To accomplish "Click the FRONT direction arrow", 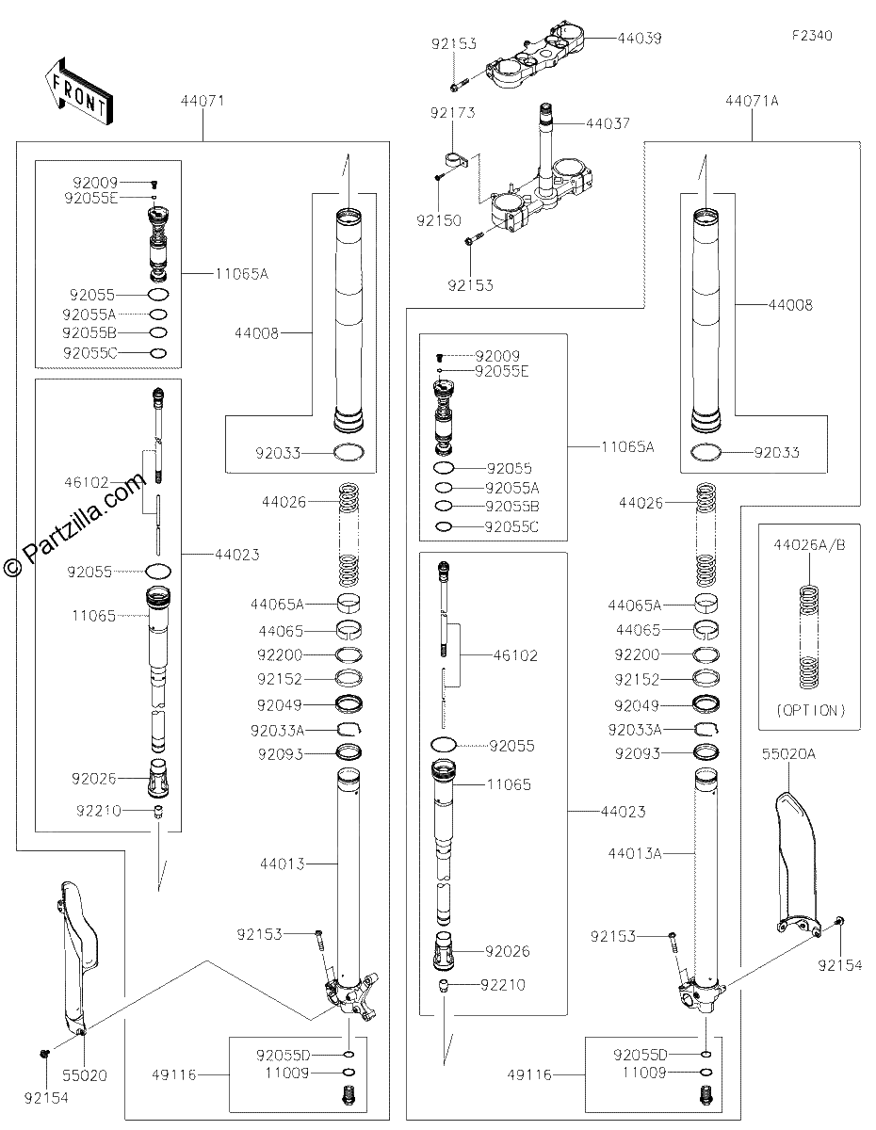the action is (78, 92).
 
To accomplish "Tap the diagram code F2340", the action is (812, 36).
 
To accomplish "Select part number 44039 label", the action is (640, 39).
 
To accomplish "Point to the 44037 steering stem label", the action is (608, 123).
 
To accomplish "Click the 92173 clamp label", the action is (452, 113).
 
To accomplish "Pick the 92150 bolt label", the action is (439, 220).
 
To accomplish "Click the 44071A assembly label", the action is (752, 101).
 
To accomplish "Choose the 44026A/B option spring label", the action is (809, 545).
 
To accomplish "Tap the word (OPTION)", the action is (811, 710).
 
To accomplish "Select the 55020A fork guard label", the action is (788, 754).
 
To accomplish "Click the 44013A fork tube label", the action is (635, 853).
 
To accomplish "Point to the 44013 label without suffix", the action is (282, 864).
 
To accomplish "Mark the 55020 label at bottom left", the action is (85, 1075).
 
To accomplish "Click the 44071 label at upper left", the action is (203, 101).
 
